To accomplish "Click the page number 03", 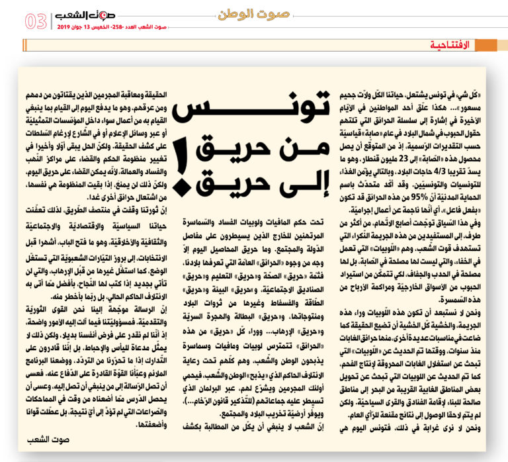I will tap(36, 21).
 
